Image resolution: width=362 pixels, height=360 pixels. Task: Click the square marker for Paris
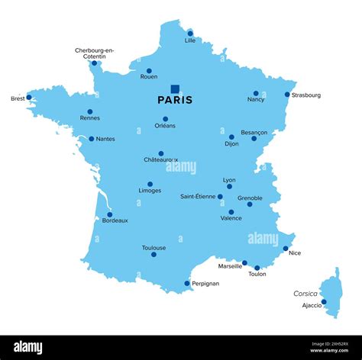[175, 88]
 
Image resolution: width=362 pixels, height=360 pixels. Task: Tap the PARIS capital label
[175, 100]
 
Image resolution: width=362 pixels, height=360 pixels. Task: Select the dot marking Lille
[190, 34]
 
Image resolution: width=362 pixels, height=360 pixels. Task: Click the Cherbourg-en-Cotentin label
[95, 53]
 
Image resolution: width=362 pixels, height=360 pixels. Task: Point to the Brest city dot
[29, 97]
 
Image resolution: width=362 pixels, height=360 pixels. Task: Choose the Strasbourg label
[306, 95]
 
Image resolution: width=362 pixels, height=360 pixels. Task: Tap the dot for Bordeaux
[109, 214]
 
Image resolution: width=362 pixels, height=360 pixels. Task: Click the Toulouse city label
[154, 248]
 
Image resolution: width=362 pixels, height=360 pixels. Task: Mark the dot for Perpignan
[187, 283]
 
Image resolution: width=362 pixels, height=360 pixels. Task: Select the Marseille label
[230, 266]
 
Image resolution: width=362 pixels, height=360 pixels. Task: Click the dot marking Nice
[286, 248]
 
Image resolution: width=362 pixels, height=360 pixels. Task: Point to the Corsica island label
[305, 294]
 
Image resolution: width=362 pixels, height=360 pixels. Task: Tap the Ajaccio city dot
[324, 301]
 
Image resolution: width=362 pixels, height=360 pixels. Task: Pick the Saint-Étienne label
[198, 197]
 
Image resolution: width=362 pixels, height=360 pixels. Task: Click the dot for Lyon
[229, 186]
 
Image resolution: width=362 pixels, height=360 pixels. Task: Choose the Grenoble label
[250, 198]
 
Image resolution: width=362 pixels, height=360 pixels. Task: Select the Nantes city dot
[92, 139]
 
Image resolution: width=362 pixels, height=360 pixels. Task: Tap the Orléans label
[165, 126]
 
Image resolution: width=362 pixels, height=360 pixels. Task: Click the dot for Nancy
[256, 93]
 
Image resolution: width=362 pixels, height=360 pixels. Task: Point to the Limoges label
[150, 191]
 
